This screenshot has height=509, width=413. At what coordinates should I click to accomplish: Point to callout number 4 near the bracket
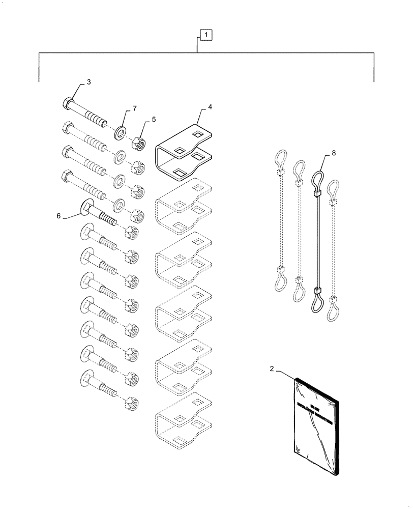coord(209,108)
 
